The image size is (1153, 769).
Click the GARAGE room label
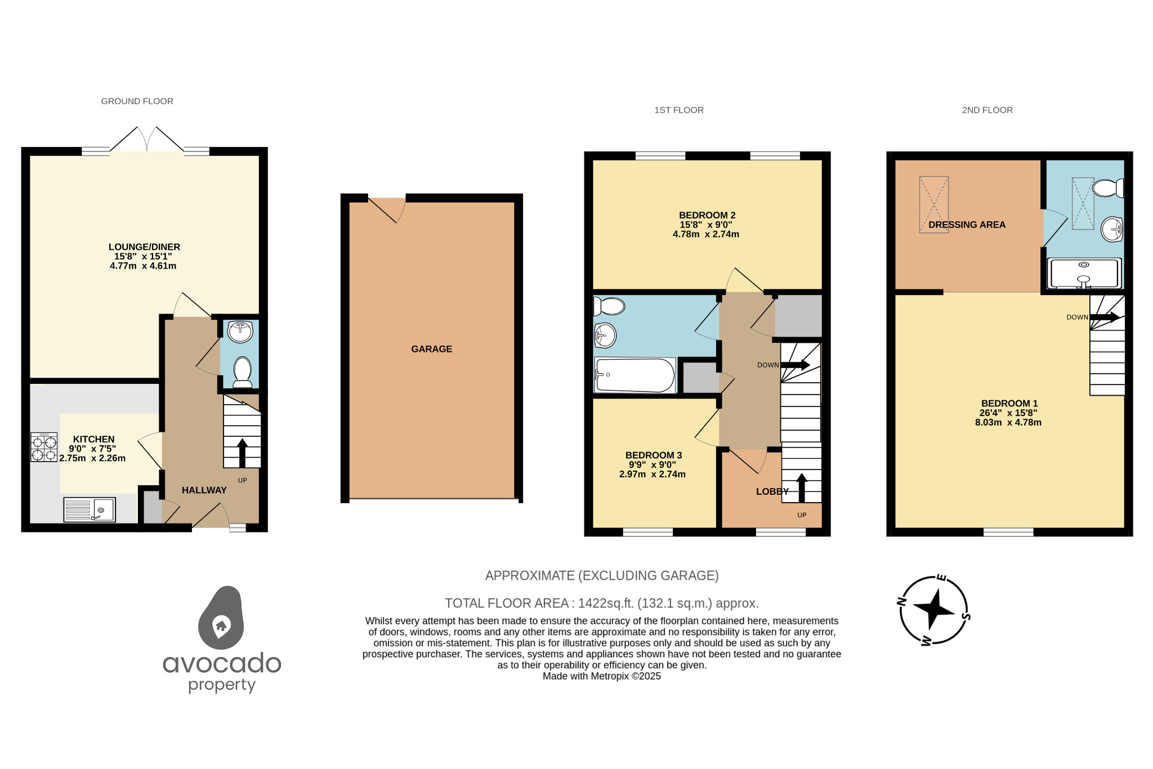click(431, 349)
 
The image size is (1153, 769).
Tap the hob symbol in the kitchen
click(44, 447)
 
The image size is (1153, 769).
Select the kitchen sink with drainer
click(90, 509)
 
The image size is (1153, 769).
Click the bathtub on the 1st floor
click(634, 375)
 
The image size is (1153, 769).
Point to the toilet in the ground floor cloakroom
click(243, 371)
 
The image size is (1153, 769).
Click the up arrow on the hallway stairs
click(243, 453)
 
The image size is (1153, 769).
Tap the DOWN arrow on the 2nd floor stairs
click(1104, 318)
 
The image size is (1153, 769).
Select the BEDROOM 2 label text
click(707, 215)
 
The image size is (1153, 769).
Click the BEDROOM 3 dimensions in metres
click(652, 475)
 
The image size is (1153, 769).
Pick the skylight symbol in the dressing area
click(934, 204)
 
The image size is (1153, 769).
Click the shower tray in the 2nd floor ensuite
click(1084, 274)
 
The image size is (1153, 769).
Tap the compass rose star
click(933, 610)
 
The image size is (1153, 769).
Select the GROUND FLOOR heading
click(137, 101)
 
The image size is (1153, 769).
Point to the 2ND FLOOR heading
click(987, 110)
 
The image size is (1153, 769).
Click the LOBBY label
click(772, 491)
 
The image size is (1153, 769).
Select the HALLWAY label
click(204, 490)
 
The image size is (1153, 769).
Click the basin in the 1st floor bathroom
click(605, 336)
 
